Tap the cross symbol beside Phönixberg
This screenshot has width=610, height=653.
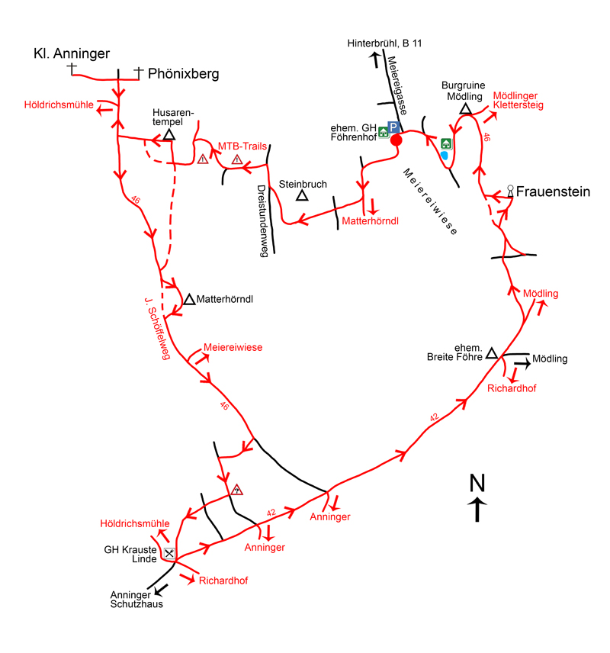coord(138,72)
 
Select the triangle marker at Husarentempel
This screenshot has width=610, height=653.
coord(169,136)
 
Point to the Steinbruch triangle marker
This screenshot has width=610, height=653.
coord(302,196)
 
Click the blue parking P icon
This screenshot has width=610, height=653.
coord(394,127)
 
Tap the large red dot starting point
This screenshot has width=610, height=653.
coord(396,140)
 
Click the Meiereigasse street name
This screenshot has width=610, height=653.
coord(395,83)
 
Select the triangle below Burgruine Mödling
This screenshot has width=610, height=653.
coord(465,109)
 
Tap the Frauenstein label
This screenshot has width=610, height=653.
coord(553,191)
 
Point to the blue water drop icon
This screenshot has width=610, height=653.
coord(444,156)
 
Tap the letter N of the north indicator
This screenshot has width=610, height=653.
coord(477,483)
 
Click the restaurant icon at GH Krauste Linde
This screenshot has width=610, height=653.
coord(169,553)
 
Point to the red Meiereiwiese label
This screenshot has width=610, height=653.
coord(233,347)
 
